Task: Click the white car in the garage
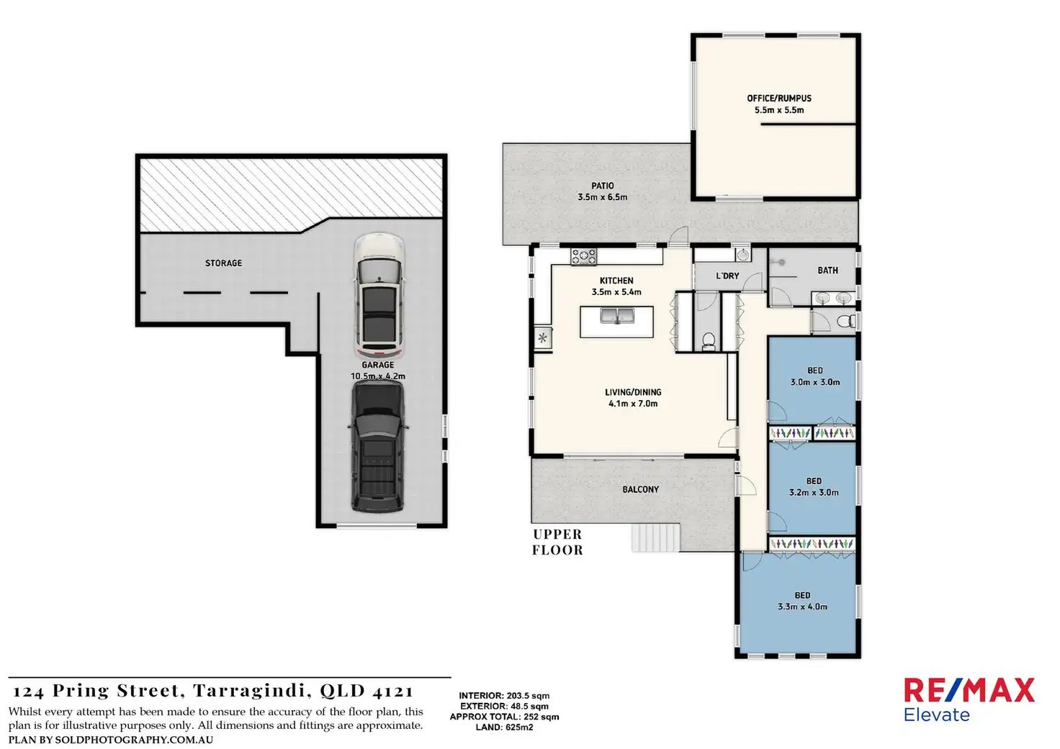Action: (x=379, y=296)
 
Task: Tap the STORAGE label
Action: (x=223, y=263)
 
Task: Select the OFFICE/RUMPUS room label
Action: (x=779, y=99)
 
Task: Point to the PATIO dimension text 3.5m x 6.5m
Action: (x=603, y=197)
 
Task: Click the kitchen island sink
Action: (x=617, y=315)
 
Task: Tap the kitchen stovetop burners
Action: (x=583, y=257)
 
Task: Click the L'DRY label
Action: (x=727, y=276)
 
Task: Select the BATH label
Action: (x=827, y=271)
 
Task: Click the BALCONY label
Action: (x=640, y=489)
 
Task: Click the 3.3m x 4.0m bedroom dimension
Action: (x=803, y=607)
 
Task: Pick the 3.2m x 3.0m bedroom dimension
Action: (x=814, y=493)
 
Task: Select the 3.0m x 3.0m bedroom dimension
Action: (x=815, y=382)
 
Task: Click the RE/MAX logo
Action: (x=969, y=691)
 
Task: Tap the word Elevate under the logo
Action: (x=936, y=714)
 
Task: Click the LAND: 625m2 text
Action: (x=505, y=727)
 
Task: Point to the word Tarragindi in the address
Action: (x=252, y=691)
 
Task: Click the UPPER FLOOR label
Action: (x=557, y=543)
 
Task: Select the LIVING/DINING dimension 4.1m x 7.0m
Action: (x=633, y=404)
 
